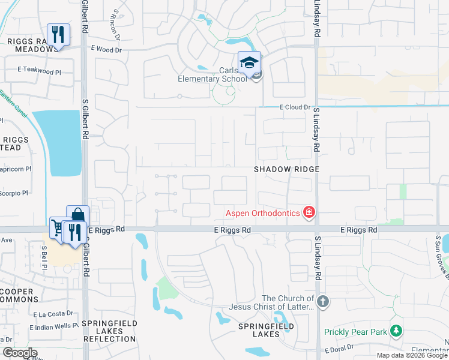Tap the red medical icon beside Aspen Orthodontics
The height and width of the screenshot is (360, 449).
309,212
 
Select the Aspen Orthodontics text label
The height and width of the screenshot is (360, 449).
262,213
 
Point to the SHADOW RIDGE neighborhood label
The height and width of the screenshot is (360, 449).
286,170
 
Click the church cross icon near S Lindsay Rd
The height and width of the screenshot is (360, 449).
323,301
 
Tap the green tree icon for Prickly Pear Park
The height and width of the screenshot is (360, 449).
396,331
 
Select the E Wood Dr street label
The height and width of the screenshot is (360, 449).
106,50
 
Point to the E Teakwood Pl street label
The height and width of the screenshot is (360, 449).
39,71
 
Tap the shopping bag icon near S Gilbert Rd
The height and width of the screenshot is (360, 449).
78,215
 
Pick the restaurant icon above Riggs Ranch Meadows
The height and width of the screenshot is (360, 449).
58,34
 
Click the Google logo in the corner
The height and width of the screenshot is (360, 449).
19,353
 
